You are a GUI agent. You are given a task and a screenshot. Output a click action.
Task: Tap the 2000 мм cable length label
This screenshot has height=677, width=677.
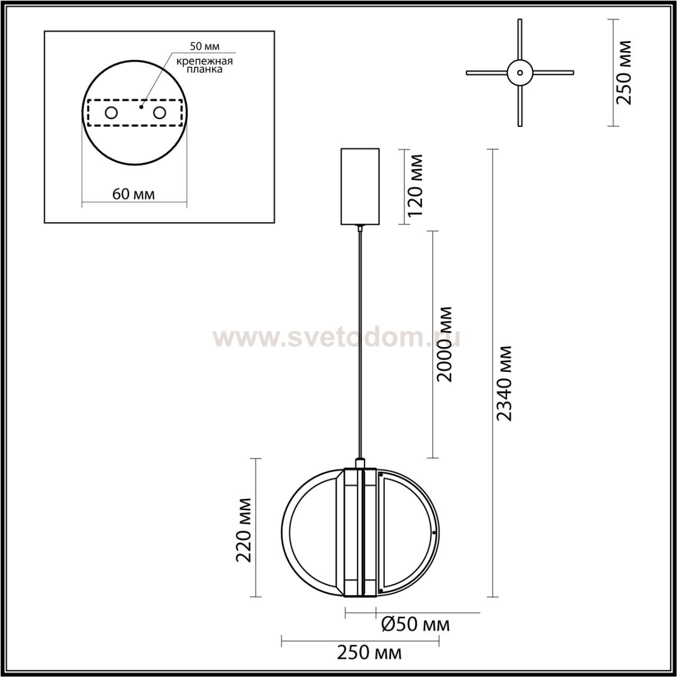tap(443, 344)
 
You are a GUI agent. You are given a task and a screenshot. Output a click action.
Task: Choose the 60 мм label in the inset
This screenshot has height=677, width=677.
tap(133, 194)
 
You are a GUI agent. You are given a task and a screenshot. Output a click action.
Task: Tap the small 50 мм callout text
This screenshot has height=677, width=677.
tap(205, 46)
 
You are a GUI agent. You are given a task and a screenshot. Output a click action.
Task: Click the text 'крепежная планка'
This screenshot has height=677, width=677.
tap(205, 66)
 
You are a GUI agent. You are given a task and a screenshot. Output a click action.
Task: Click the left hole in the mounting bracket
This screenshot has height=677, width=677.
tap(112, 113)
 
